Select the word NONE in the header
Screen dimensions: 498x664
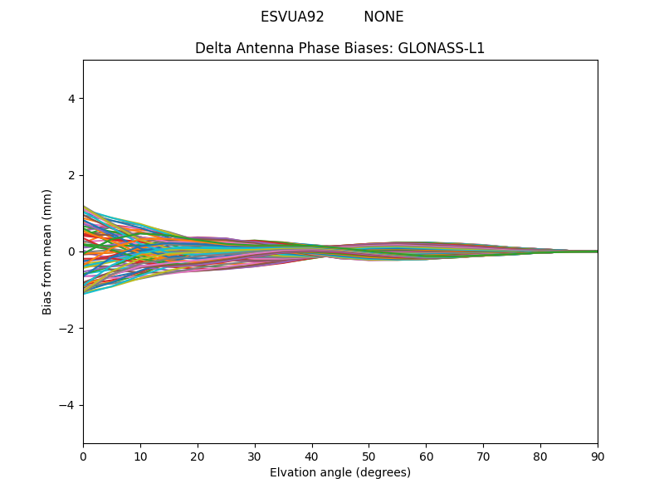383,17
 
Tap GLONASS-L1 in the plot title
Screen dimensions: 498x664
442,48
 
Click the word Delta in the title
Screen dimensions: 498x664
212,48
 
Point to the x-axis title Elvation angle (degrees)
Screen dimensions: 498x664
340,472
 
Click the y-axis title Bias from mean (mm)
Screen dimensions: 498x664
47,251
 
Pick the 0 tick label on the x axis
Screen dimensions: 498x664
83,456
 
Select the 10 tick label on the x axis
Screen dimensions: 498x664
140,456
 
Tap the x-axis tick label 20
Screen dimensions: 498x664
198,456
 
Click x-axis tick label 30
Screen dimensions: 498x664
255,456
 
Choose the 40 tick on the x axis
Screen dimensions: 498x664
312,456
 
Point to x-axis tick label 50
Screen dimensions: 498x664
369,456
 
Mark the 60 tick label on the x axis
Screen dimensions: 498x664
426,456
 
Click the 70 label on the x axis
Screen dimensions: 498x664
483,456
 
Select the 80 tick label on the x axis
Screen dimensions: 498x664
540,456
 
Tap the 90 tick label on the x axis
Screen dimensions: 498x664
598,456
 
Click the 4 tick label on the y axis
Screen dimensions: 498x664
71,98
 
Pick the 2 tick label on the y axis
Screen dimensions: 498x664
71,175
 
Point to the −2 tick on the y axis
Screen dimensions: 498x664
67,328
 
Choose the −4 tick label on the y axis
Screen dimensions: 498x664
67,405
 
